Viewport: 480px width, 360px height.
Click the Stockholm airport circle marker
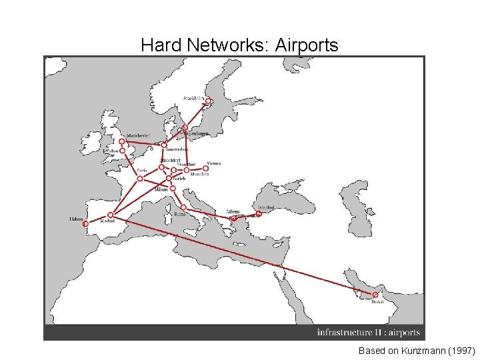click(x=208, y=102)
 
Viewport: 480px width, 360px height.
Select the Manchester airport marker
click(x=122, y=141)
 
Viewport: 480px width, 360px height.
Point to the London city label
click(x=111, y=151)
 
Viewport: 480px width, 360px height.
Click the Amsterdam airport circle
click(x=164, y=145)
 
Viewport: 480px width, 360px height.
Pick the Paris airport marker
click(x=140, y=179)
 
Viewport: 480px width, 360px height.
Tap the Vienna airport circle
click(x=206, y=168)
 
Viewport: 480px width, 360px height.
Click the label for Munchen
click(x=199, y=175)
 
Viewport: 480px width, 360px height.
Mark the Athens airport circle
click(x=233, y=218)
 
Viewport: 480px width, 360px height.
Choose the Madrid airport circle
click(x=111, y=215)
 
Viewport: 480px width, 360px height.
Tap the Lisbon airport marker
click(x=85, y=224)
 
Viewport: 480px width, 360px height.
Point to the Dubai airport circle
click(x=375, y=295)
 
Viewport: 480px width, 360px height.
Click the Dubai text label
click(x=377, y=302)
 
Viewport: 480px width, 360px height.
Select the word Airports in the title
click(x=305, y=45)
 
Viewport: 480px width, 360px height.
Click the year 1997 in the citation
click(x=461, y=350)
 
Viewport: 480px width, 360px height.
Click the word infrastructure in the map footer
click(x=345, y=332)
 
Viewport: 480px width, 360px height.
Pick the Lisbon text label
click(x=76, y=218)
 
